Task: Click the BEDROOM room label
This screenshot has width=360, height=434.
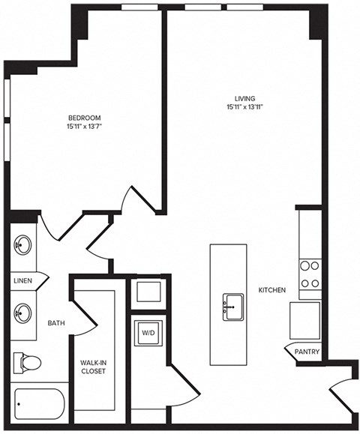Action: pos(85,118)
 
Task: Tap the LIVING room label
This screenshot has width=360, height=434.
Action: pos(244,98)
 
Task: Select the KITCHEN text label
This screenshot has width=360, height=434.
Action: pos(271,289)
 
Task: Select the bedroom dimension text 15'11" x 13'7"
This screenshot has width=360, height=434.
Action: pos(85,127)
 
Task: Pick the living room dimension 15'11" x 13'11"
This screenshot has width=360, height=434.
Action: pos(244,108)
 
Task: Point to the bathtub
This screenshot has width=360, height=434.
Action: pos(39,408)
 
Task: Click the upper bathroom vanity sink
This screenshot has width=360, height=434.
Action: pos(22,246)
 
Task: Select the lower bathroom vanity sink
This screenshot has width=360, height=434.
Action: pos(23,311)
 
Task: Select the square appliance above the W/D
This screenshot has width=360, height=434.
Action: pos(145,292)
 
